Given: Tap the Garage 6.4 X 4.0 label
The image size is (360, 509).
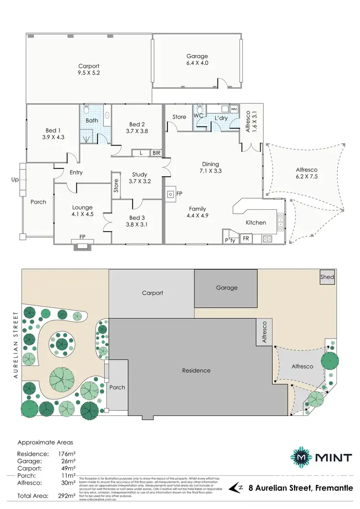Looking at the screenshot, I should pos(197,60).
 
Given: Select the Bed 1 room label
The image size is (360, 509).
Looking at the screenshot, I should pos(53,133).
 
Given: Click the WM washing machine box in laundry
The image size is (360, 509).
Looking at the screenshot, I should pos(234,109).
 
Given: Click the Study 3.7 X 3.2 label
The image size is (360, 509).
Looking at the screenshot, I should pos(140,178).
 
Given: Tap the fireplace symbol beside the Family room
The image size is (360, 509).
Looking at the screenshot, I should pos(171,194).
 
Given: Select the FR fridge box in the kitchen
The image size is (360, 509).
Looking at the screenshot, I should pos(246,239).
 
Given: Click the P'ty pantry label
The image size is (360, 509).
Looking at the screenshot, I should pos(230,240).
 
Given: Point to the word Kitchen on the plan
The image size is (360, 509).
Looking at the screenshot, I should pos(256,223).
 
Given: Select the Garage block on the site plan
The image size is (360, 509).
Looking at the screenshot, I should pos(227,288).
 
